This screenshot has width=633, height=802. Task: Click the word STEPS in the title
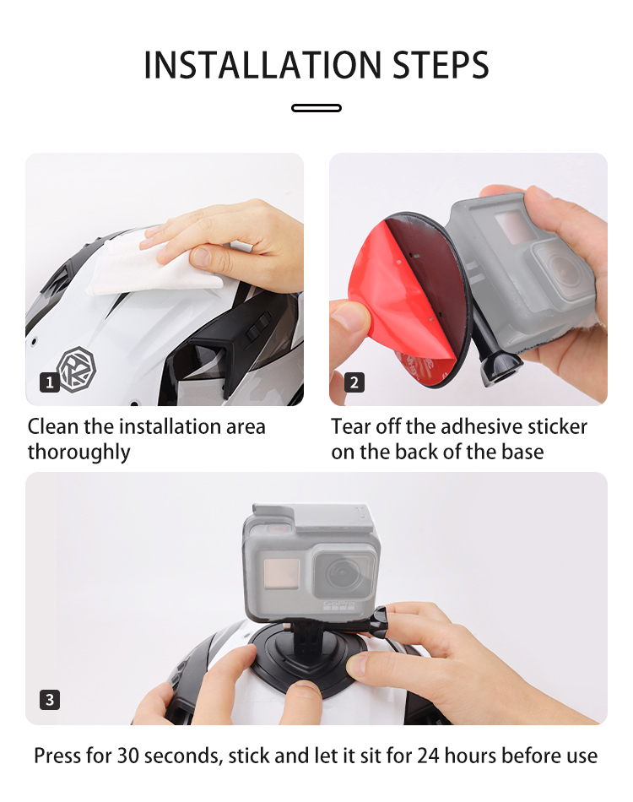pyautogui.click(x=441, y=65)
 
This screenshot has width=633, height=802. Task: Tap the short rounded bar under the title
pyautogui.click(x=316, y=108)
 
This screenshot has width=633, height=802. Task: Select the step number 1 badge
pyautogui.click(x=50, y=382)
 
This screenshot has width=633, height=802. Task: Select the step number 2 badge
pyautogui.click(x=354, y=382)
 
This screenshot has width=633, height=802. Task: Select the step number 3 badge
pyautogui.click(x=50, y=700)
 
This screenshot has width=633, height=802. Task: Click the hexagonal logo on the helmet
pyautogui.click(x=77, y=367)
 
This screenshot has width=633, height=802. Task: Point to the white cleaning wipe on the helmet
pyautogui.click(x=154, y=266)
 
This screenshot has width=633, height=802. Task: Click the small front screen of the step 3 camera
pyautogui.click(x=281, y=574)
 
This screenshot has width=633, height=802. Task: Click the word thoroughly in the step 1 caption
pyautogui.click(x=78, y=452)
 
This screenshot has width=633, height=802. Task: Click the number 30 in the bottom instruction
pyautogui.click(x=127, y=756)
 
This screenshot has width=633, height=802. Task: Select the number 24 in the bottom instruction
pyautogui.click(x=428, y=756)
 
